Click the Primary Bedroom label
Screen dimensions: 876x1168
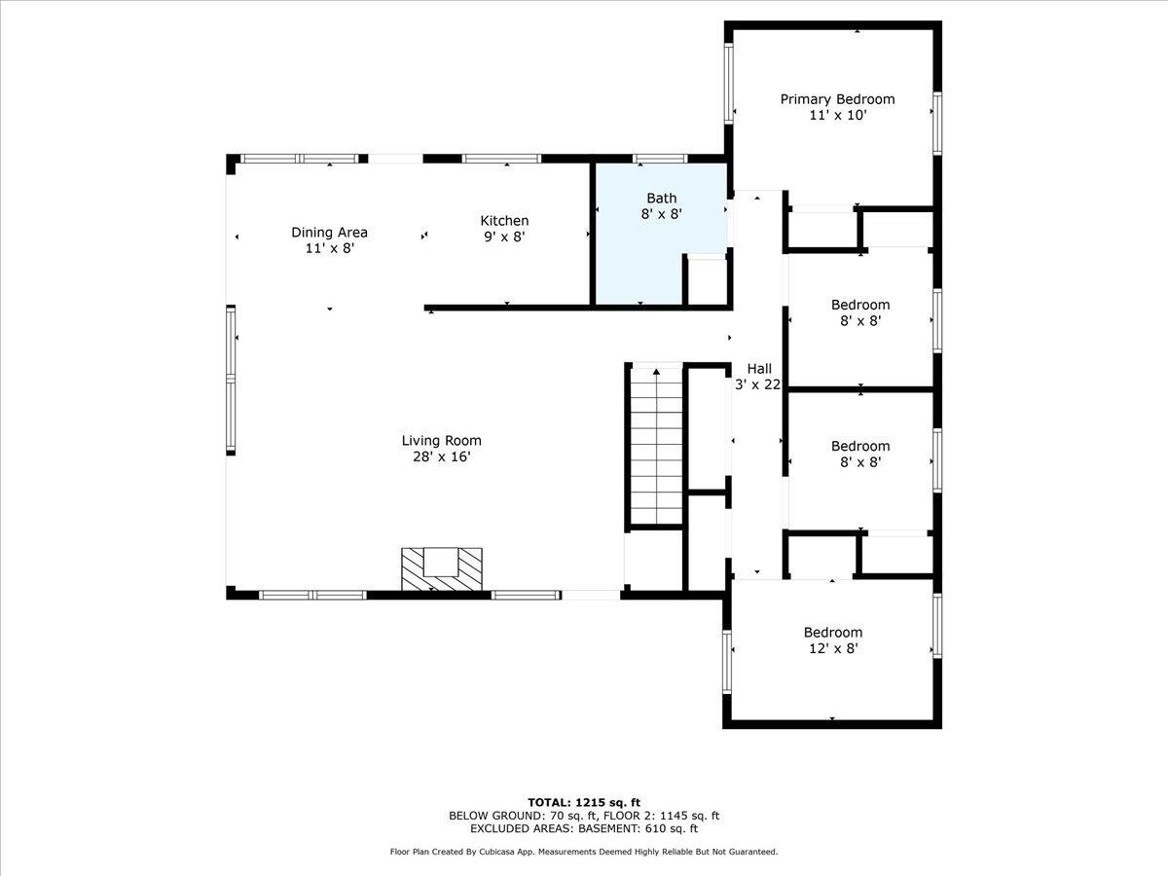pos(837,99)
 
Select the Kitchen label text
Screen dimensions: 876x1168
pos(504,221)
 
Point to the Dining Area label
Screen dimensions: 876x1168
pos(329,232)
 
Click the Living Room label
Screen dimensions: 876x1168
pos(442,440)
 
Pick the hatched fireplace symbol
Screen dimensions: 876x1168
pos(442,568)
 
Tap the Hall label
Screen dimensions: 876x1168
pos(759,368)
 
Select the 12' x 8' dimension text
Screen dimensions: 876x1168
pos(832,647)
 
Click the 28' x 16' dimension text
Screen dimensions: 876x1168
pos(442,456)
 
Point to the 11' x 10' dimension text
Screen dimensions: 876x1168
pos(837,115)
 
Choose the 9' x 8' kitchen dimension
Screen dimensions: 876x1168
pos(504,237)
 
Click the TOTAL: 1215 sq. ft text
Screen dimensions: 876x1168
pos(584,802)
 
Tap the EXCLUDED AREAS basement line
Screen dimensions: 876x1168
pos(584,829)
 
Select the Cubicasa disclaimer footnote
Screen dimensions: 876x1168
pos(584,852)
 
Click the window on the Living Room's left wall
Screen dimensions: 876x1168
pos(232,380)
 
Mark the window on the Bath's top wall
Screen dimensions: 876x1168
pos(661,158)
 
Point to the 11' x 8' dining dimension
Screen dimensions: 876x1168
pos(329,247)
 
